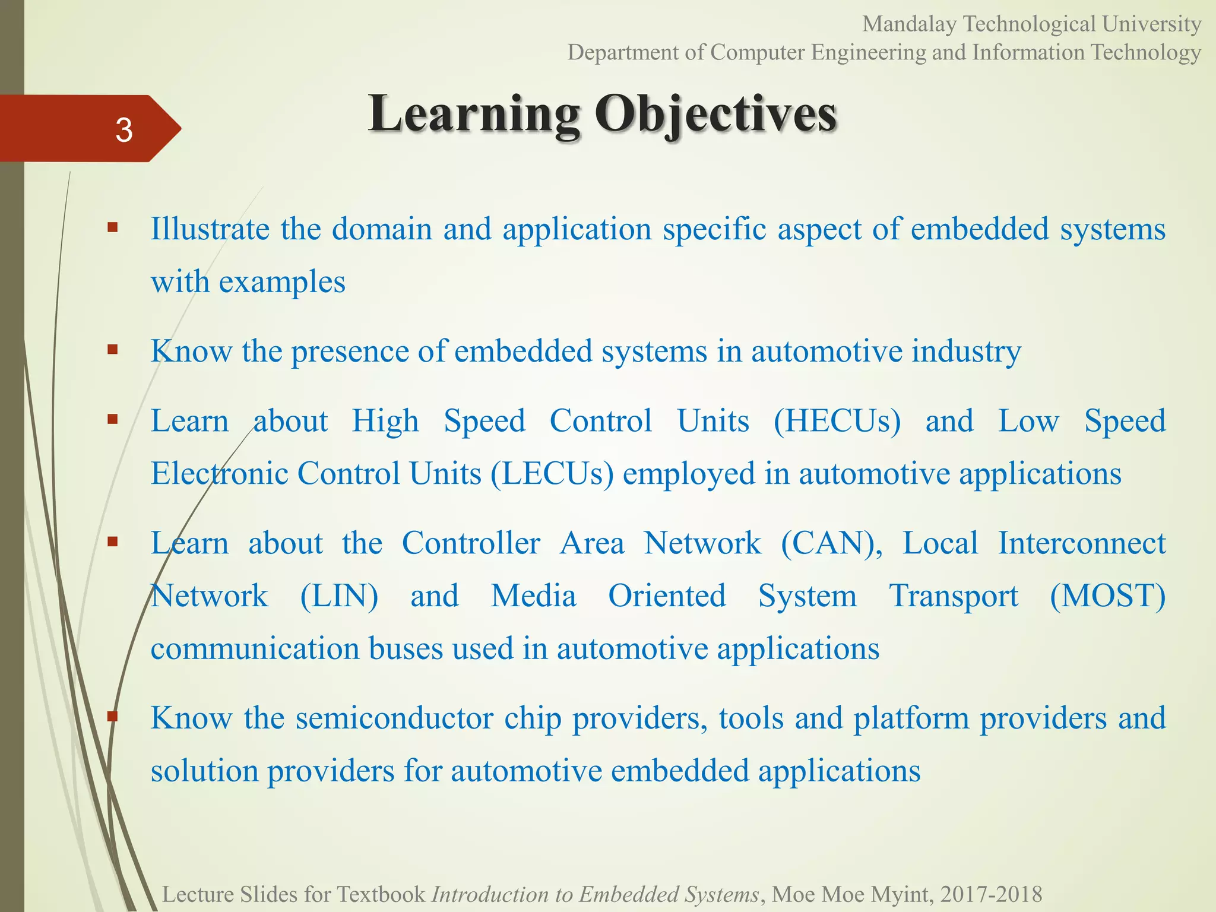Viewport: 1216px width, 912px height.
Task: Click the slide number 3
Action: (x=123, y=129)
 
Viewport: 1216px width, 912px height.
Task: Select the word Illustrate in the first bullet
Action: (x=210, y=229)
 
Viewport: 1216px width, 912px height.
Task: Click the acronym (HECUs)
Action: (x=837, y=421)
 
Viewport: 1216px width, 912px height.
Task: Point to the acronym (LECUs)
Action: (x=552, y=474)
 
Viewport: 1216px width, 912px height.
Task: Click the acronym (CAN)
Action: (x=831, y=543)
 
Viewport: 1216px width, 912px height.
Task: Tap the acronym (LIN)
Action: (x=339, y=596)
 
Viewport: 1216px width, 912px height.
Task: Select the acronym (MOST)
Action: (x=1107, y=596)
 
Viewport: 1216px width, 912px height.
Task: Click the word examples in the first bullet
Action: (x=282, y=281)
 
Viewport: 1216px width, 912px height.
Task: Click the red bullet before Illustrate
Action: (x=113, y=227)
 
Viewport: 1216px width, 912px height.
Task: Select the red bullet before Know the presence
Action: (x=113, y=349)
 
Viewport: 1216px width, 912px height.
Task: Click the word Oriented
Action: (x=667, y=596)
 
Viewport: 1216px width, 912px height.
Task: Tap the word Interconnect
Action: (x=1081, y=543)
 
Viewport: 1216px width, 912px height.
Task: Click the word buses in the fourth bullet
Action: (x=406, y=648)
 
